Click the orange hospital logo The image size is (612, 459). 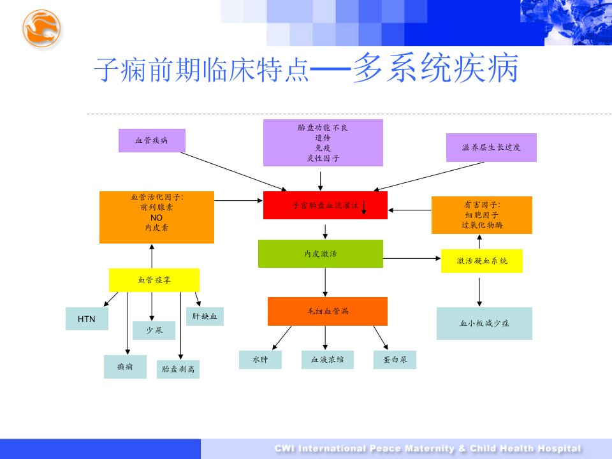pyautogui.click(x=41, y=29)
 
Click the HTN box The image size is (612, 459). pyautogui.click(x=87, y=319)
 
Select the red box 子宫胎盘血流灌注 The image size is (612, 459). pyautogui.click(x=325, y=205)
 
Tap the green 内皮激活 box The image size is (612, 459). pyautogui.click(x=321, y=254)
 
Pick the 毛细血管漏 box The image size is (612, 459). pyautogui.click(x=328, y=311)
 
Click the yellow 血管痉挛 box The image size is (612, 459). pyautogui.click(x=154, y=280)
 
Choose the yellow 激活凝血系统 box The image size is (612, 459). pyautogui.click(x=482, y=261)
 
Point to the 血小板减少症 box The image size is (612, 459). pyautogui.click(x=484, y=323)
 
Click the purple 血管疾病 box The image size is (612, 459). pyautogui.click(x=152, y=140)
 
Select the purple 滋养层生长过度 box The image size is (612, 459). pyautogui.click(x=492, y=147)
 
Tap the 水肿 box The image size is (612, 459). pyautogui.click(x=260, y=360)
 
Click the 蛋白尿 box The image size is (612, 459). pyautogui.click(x=395, y=360)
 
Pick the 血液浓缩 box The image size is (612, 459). pyautogui.click(x=328, y=360)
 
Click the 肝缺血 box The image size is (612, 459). pyautogui.click(x=205, y=316)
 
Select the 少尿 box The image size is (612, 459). pyautogui.click(x=154, y=330)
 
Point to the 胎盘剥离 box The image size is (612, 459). pyautogui.click(x=178, y=369)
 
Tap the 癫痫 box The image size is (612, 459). pyautogui.click(x=126, y=367)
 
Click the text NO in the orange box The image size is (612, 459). pyautogui.click(x=157, y=218)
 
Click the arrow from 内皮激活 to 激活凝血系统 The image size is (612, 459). pyautogui.click(x=412, y=258)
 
